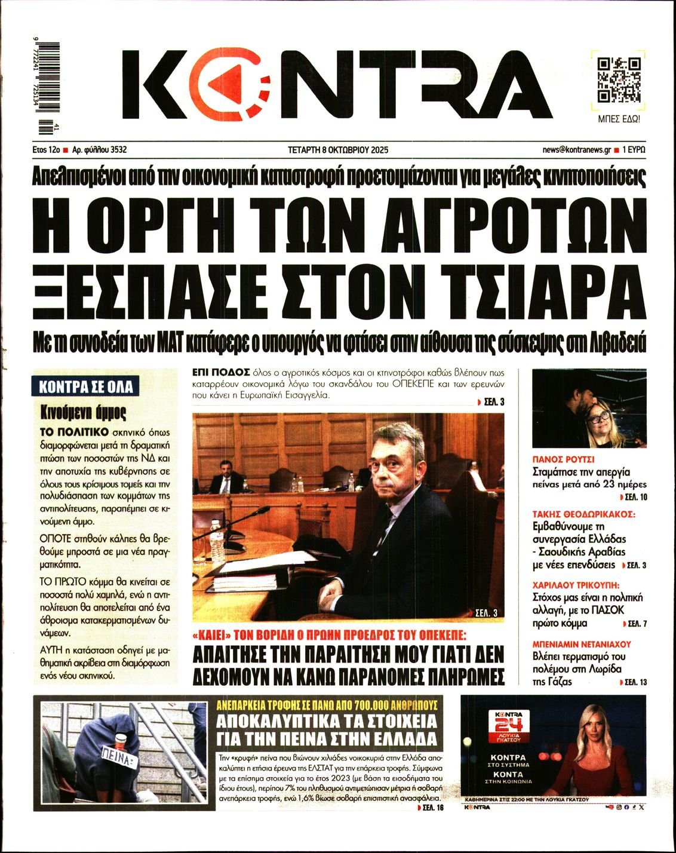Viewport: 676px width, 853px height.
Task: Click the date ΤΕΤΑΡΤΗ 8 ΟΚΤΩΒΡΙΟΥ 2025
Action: tap(337, 150)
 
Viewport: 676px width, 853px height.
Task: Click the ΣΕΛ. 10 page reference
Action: tap(632, 497)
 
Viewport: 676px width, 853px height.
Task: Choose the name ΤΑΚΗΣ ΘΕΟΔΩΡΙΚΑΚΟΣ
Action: tap(583, 514)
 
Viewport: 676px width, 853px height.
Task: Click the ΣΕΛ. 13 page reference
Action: tap(633, 682)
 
